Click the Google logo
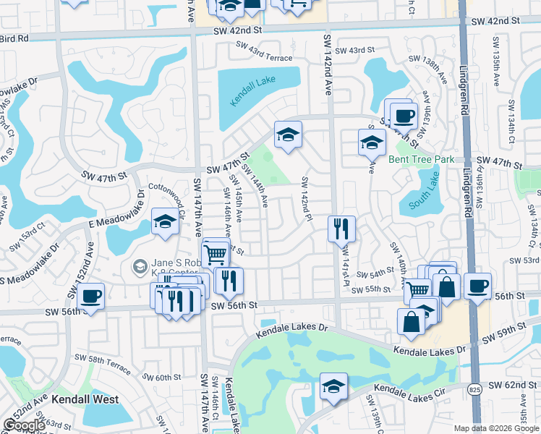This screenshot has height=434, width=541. [x=24, y=425]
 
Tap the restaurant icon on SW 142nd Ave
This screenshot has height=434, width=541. [x=340, y=229]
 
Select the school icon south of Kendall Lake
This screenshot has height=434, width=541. [x=288, y=135]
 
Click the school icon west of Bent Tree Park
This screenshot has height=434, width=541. [x=372, y=142]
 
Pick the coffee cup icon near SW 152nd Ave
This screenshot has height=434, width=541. [x=92, y=297]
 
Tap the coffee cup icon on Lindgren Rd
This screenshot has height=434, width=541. [x=477, y=286]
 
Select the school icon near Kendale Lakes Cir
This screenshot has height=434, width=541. [x=334, y=386]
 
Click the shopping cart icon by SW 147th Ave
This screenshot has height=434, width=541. [x=215, y=253]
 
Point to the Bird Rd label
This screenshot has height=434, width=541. [x=14, y=38]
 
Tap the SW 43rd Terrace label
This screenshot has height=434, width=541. [x=264, y=57]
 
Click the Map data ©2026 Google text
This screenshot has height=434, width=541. [x=496, y=428]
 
